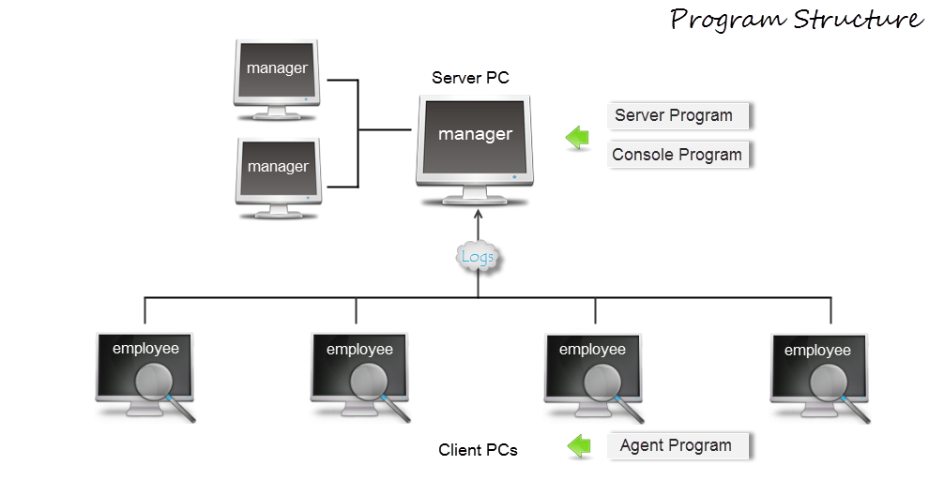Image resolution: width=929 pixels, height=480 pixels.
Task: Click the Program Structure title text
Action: [x=797, y=20]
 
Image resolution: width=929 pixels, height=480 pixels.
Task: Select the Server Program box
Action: [x=678, y=116]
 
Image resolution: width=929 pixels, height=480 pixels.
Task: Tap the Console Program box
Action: [x=678, y=156]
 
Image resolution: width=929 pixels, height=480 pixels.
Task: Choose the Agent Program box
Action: [x=678, y=446]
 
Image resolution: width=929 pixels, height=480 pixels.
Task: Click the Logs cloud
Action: [x=478, y=257]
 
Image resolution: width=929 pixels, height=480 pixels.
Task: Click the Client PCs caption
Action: [x=479, y=449]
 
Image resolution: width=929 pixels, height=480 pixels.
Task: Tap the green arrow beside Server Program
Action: [x=577, y=139]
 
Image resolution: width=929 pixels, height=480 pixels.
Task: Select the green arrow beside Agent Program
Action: [x=579, y=447]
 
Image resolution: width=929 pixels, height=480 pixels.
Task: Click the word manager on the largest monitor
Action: [x=476, y=134]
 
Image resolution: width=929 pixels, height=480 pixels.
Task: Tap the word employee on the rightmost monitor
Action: [x=817, y=350]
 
